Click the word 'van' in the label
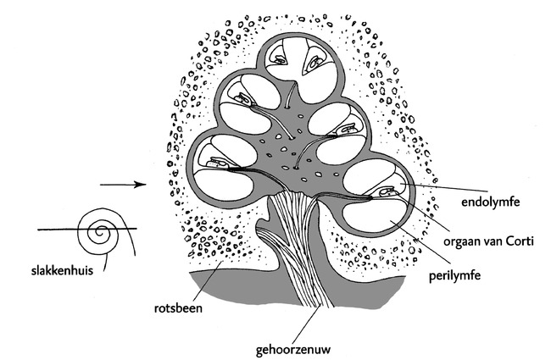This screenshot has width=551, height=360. coord(497,241)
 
